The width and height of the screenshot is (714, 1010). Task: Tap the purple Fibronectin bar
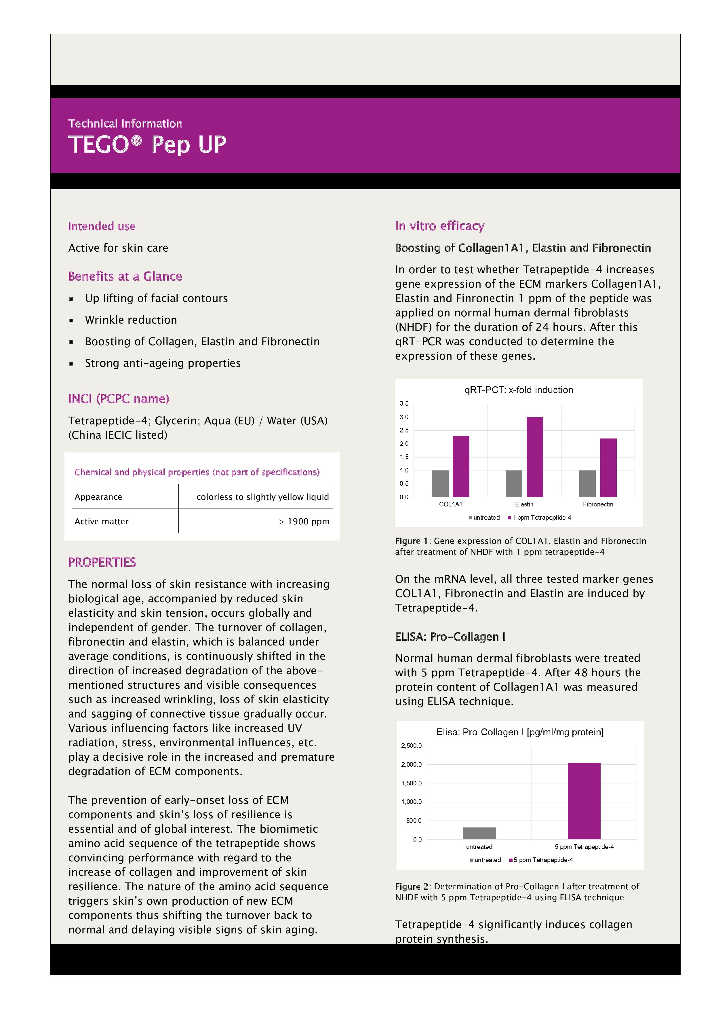pos(608,467)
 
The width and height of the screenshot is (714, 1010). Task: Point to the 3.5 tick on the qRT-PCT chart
pos(403,403)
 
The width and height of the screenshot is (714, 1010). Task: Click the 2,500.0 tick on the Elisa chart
pos(411,746)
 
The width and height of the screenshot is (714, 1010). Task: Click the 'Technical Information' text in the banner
pos(125,124)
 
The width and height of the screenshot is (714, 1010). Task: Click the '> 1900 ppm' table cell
pos(304,521)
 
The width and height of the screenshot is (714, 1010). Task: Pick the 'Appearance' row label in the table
pos(98,497)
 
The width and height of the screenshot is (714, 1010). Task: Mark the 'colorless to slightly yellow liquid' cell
pos(262,497)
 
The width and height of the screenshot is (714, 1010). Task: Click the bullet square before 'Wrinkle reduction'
pos(71,321)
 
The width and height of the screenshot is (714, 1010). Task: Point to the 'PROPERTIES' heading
pos(102,562)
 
